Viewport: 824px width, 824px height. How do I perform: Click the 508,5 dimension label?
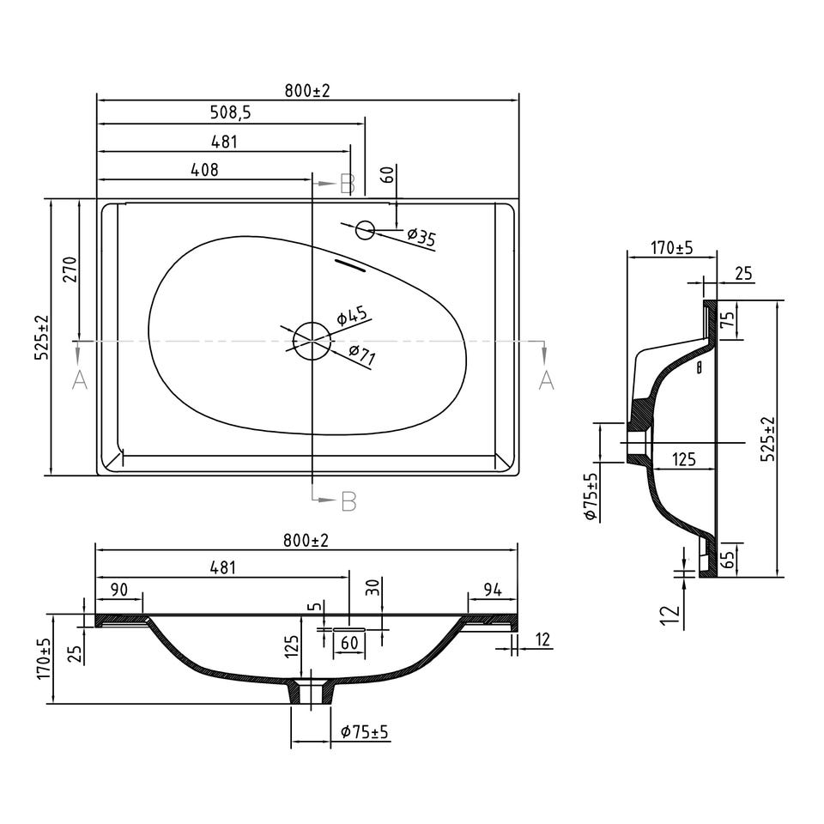pyautogui.click(x=230, y=112)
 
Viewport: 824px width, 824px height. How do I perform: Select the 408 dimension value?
pyautogui.click(x=204, y=170)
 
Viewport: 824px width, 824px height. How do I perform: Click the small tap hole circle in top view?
pyautogui.click(x=365, y=230)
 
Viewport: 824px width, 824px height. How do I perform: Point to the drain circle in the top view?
pyautogui.click(x=312, y=341)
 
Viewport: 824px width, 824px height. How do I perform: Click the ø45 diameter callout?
pyautogui.click(x=352, y=315)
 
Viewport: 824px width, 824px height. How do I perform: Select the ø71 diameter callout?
pyautogui.click(x=361, y=354)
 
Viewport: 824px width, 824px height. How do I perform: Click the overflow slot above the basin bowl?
pyautogui.click(x=350, y=265)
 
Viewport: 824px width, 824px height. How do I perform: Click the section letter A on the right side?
pyautogui.click(x=547, y=379)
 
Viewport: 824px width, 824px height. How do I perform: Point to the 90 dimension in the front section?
pyautogui.click(x=120, y=590)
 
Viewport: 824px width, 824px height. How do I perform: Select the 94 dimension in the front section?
pyautogui.click(x=493, y=591)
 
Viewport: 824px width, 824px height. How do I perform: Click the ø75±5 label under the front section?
pyautogui.click(x=364, y=731)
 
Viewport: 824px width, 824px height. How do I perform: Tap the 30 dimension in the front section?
pyautogui.click(x=373, y=586)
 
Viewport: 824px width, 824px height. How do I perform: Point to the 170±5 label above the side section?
pyautogui.click(x=672, y=247)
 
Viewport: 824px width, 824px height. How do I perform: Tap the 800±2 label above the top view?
pyautogui.click(x=307, y=91)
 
